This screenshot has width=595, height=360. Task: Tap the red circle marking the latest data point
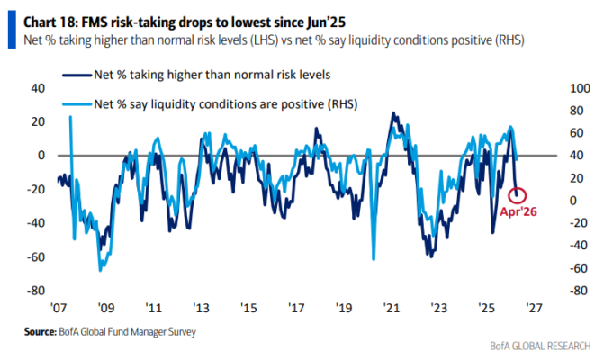(x=518, y=194)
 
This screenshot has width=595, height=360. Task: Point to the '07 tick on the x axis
(x=59, y=307)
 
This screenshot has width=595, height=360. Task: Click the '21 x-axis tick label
(x=391, y=307)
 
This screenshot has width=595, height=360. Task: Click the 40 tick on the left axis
(x=38, y=88)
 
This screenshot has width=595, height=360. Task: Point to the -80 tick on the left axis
(x=35, y=291)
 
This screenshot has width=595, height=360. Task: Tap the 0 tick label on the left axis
(x=41, y=156)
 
